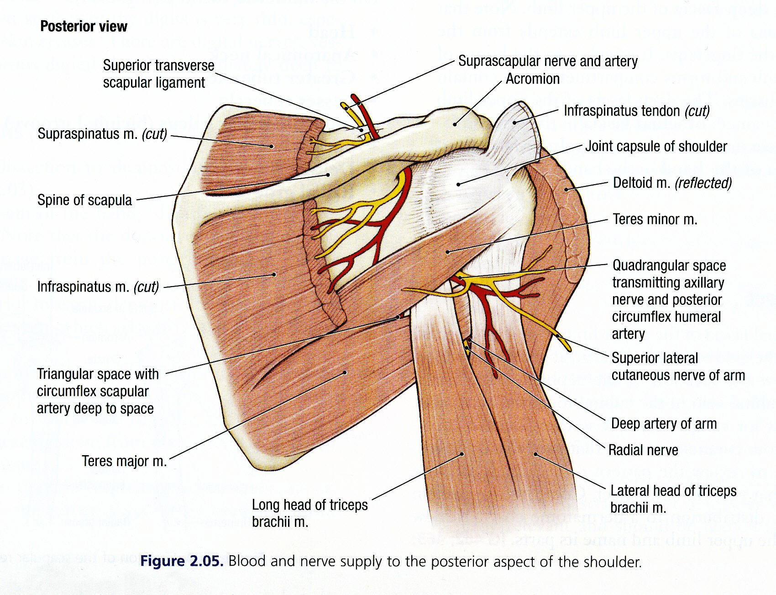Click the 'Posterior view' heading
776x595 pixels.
pos(84,27)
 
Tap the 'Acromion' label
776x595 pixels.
pos(532,79)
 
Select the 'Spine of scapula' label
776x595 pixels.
pos(84,200)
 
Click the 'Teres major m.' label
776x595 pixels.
pos(124,461)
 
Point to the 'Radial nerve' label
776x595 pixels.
pos(643,450)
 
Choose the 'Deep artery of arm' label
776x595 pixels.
pos(664,424)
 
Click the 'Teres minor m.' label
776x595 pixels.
pos(655,219)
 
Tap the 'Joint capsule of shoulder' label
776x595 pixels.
pos(656,146)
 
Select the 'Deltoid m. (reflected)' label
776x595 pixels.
pos(672,183)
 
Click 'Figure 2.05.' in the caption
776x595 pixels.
pos(182,561)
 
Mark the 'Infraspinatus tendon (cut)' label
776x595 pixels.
pos(636,111)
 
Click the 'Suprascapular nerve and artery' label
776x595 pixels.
pos(548,61)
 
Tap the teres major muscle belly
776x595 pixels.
pos(320,375)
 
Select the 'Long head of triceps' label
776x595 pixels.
pos(309,513)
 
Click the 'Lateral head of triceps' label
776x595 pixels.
pos(673,499)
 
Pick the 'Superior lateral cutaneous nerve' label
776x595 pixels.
pos(678,367)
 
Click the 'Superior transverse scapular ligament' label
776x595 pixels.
pos(158,74)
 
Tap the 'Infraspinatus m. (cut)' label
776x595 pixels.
pos(98,287)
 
